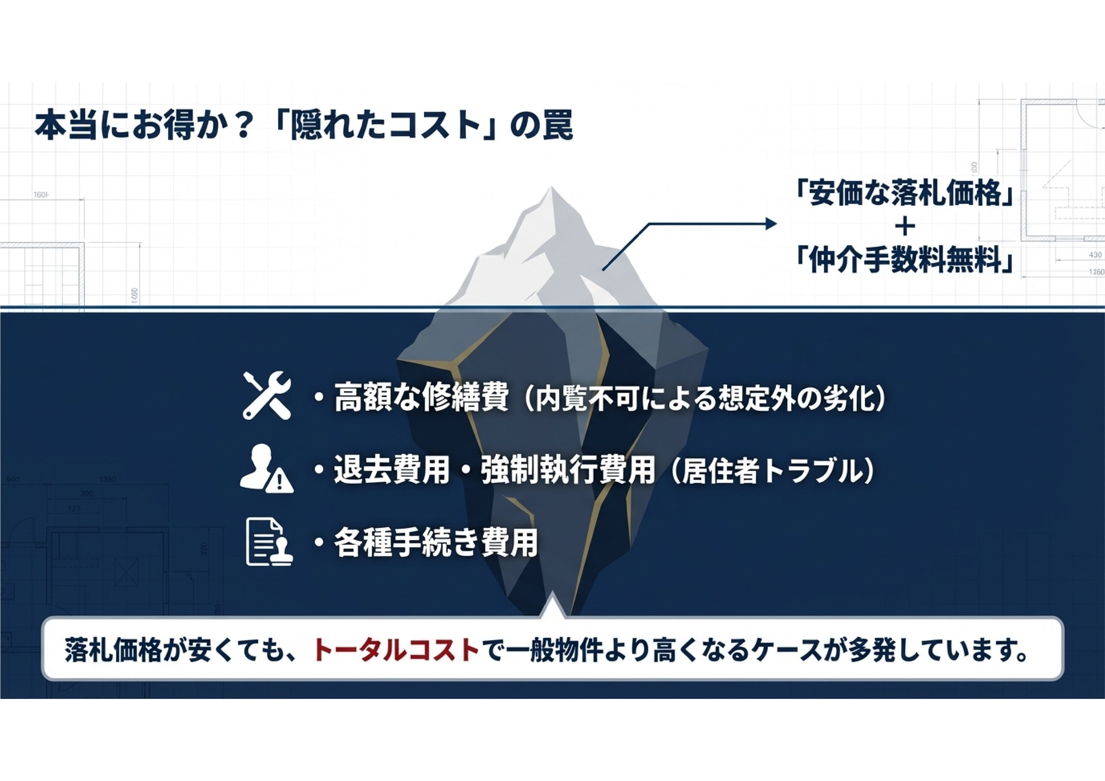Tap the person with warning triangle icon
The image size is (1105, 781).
(x=267, y=469)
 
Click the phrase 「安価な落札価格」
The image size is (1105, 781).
(x=905, y=194)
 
